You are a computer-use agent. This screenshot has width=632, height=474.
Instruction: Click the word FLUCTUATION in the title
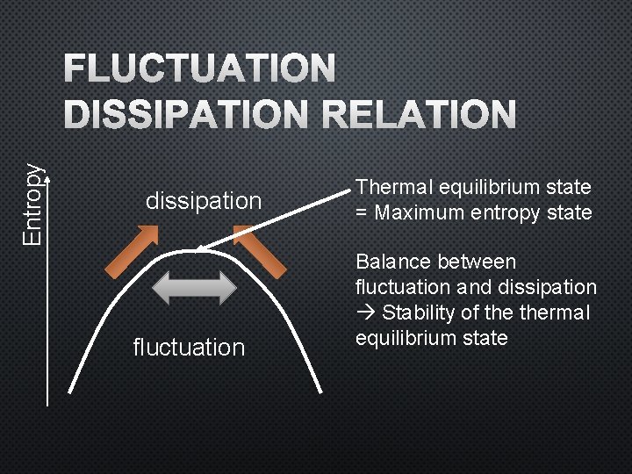point(199,68)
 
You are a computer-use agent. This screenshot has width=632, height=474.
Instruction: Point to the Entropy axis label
point(32,205)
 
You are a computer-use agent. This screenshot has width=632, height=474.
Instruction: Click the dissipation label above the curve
point(204,200)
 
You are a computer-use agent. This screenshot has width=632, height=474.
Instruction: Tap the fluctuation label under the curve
point(189,348)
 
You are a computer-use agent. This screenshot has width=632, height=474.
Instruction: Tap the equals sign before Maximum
point(361,212)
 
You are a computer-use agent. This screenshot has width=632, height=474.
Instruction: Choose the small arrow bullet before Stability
point(363,313)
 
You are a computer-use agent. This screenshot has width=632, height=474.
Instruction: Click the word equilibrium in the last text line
point(405,339)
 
